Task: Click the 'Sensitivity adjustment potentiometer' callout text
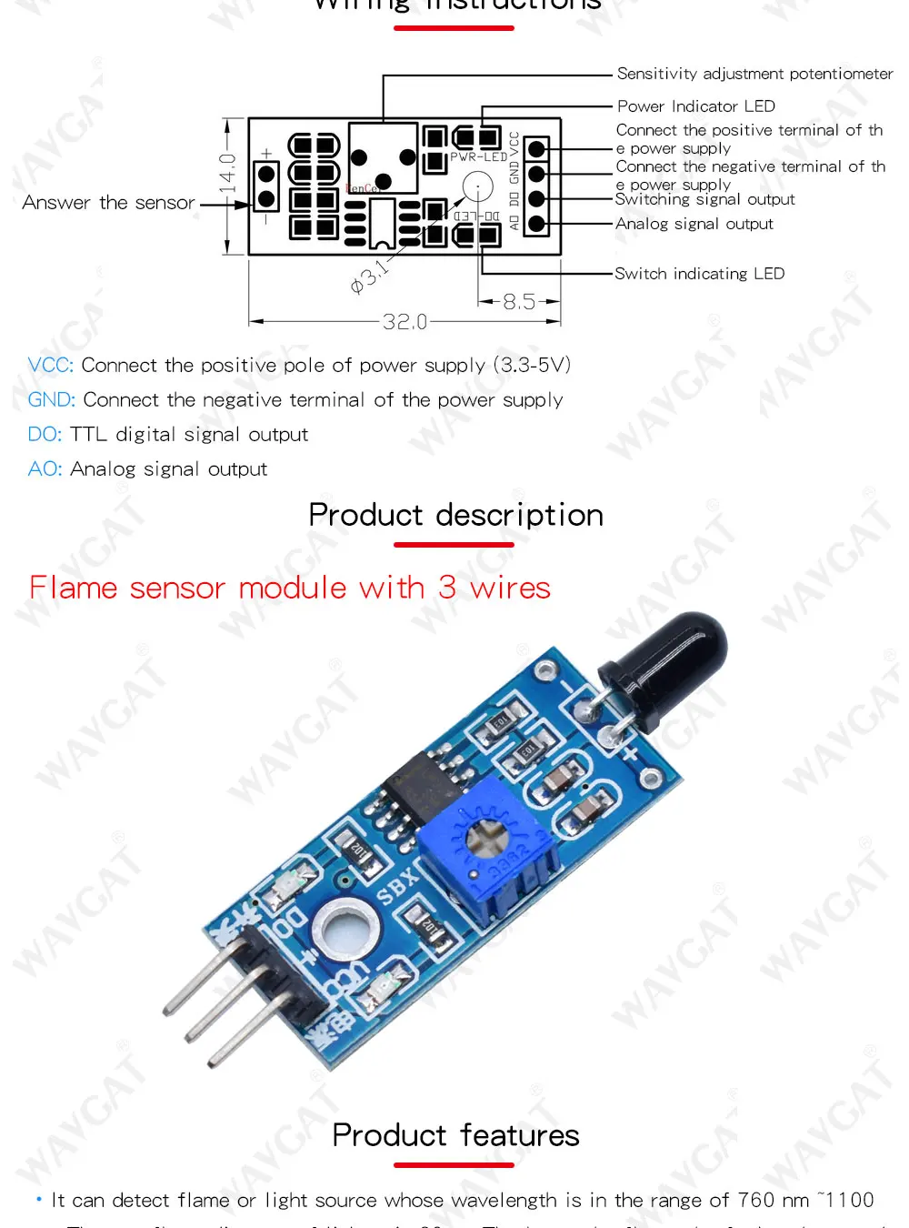click(x=754, y=74)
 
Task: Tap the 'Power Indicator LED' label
click(x=695, y=106)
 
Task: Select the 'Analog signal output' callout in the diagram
click(x=694, y=224)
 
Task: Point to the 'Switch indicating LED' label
click(x=699, y=274)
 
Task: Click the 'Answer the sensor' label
click(x=108, y=203)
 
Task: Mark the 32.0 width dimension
click(x=405, y=322)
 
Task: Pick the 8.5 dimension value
click(x=519, y=301)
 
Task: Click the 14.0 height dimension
click(x=227, y=173)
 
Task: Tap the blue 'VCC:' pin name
click(x=50, y=366)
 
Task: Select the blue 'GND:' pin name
click(x=51, y=400)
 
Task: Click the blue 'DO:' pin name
click(x=45, y=435)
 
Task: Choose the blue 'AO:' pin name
click(x=45, y=469)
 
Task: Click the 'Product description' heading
click(x=455, y=515)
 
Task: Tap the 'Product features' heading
click(x=455, y=1135)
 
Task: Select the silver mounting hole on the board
click(x=344, y=930)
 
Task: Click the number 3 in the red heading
click(x=447, y=588)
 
